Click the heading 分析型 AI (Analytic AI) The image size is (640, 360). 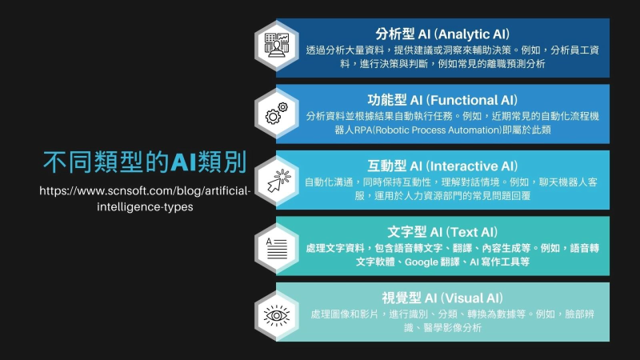pos(442,34)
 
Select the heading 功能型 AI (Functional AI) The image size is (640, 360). pos(442,100)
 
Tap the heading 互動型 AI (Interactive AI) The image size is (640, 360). pos(442,166)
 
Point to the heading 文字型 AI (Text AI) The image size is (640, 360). pos(442,232)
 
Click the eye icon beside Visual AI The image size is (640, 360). pos(277,314)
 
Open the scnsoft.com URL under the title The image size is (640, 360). pos(144,198)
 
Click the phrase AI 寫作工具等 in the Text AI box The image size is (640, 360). pos(498,262)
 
